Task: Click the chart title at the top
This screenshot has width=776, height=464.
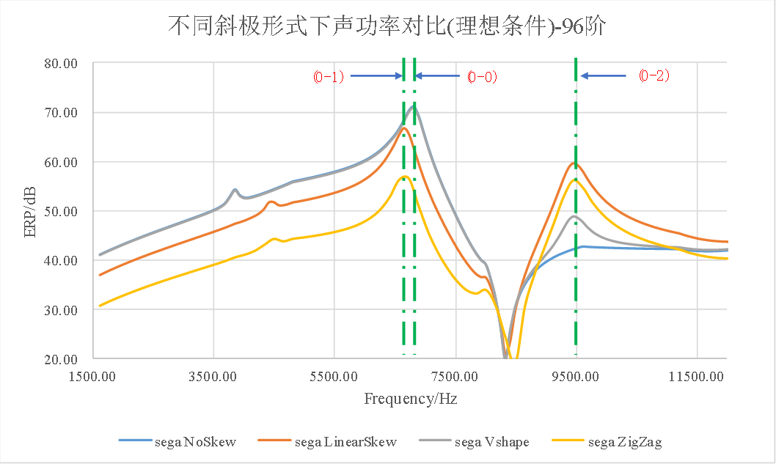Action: click(x=388, y=26)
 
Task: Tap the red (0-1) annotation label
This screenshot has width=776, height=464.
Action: click(x=329, y=76)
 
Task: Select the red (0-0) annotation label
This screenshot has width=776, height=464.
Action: click(x=482, y=76)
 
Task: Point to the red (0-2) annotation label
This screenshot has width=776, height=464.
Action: click(x=654, y=76)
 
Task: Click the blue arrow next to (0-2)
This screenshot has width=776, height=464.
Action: click(x=603, y=76)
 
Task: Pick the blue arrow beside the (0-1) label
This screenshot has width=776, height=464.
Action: click(x=376, y=76)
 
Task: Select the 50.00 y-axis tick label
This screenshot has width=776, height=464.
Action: click(x=61, y=211)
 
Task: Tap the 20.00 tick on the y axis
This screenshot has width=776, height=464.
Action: click(x=61, y=359)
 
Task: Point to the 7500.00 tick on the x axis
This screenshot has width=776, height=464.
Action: click(x=455, y=377)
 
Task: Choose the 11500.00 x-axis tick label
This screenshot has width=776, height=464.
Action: click(x=698, y=377)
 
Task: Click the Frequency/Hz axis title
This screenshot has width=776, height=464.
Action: click(x=410, y=399)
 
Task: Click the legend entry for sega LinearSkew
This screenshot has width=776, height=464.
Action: click(x=328, y=441)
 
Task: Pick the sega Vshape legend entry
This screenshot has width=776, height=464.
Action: click(x=474, y=441)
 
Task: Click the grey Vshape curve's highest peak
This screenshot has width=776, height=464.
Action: click(x=414, y=106)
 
